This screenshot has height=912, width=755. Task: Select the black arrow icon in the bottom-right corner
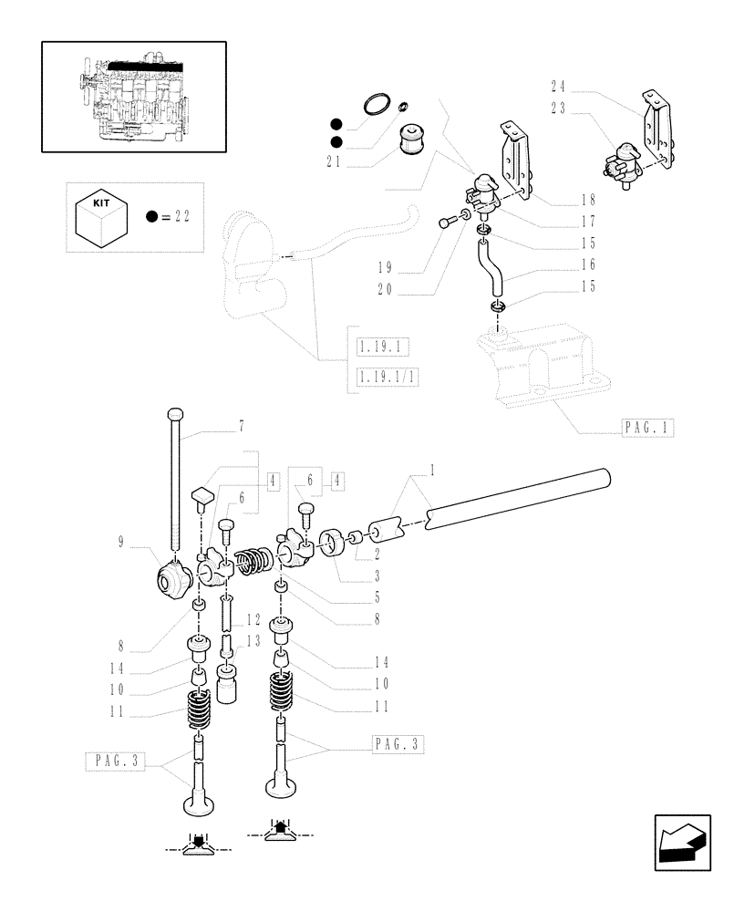[682, 844]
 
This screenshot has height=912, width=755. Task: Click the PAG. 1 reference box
[648, 427]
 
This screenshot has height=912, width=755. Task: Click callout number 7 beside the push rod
[242, 426]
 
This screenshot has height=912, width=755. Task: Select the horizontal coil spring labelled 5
[253, 562]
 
